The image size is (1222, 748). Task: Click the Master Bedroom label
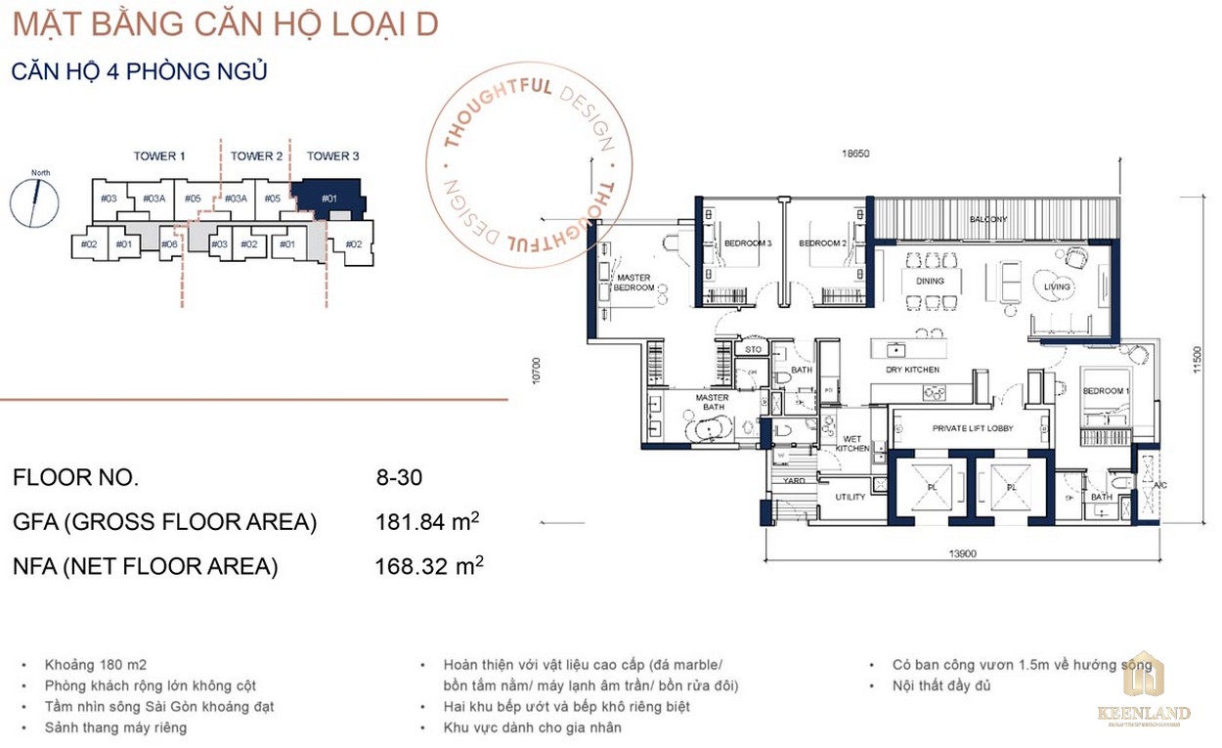coord(633,283)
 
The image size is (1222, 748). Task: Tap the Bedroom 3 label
coord(748,243)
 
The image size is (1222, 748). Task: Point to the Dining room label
coord(930,281)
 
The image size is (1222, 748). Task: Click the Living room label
coord(1057,286)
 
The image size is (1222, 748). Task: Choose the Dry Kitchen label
coord(912,370)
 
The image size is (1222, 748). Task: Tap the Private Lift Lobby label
coord(972,428)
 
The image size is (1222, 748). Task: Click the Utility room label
coord(850,497)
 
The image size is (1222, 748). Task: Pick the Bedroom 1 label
coord(1105,391)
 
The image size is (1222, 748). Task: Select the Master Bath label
coord(712,404)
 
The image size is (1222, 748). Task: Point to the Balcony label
coord(988,219)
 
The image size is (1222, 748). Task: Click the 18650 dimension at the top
coord(856,153)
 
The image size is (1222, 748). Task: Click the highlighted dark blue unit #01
coord(330,199)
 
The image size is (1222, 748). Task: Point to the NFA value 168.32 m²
coord(428,566)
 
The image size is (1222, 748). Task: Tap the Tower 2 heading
coord(256,155)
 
